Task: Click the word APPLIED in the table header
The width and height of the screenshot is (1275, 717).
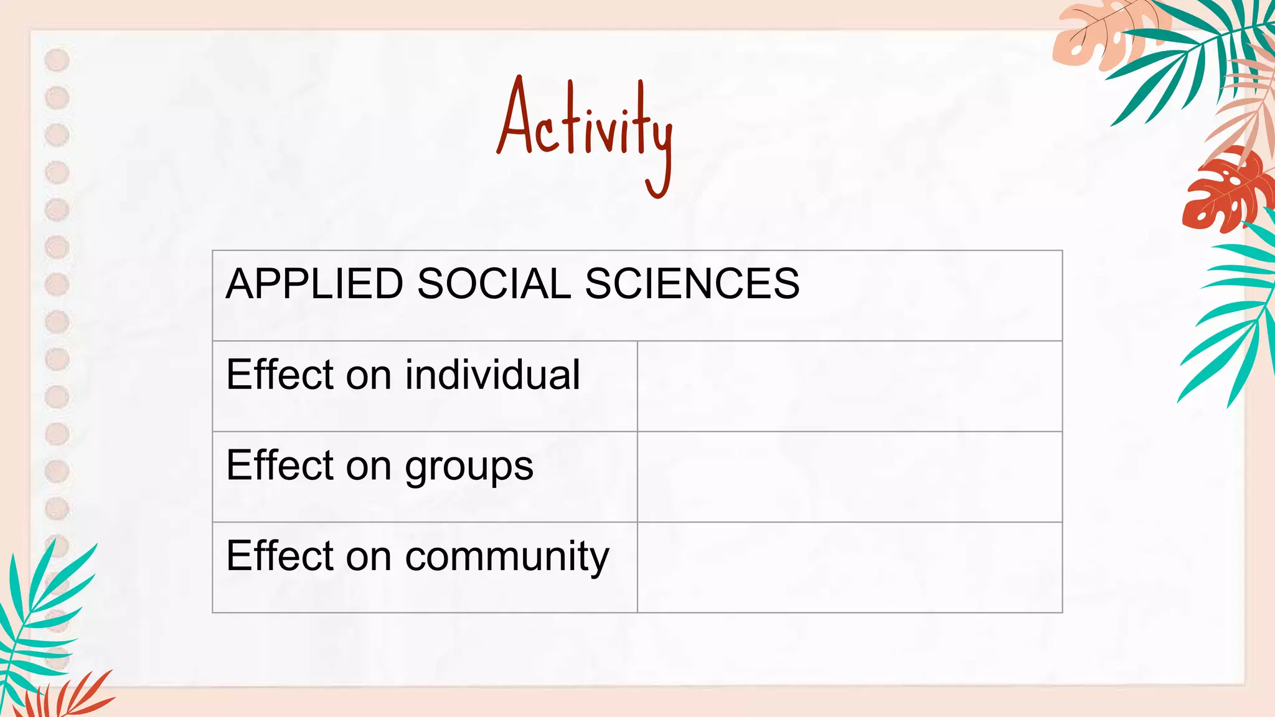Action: tap(314, 284)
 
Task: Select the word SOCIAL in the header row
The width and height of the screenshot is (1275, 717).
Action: tap(494, 284)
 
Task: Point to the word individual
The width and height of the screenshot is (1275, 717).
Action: tap(492, 375)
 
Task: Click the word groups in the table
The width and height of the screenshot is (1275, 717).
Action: tap(469, 467)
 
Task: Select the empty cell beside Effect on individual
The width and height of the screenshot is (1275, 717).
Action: tap(849, 386)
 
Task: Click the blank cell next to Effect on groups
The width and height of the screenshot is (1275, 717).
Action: tap(849, 477)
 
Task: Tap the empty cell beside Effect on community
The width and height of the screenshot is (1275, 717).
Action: tap(849, 567)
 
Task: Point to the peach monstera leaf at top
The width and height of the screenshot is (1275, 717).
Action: tap(1096, 37)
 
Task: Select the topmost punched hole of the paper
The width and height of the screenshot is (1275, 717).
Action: tap(57, 60)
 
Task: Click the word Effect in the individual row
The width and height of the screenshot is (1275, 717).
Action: tap(280, 375)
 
